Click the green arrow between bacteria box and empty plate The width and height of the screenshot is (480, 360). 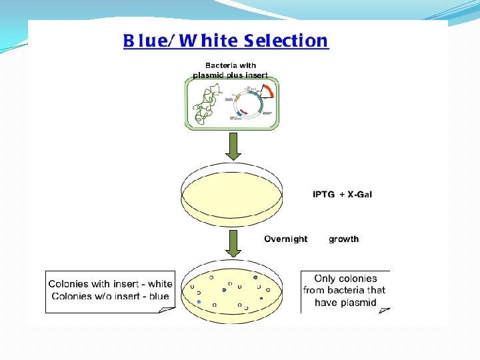coord(233,145)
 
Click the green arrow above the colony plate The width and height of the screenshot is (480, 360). coord(233,244)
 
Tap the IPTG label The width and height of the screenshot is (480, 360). coord(325,195)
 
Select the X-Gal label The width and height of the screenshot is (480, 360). coord(359,195)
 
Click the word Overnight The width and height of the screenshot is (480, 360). coord(286,239)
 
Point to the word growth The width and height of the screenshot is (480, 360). coord(343,239)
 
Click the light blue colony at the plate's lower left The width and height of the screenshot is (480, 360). coord(199,302)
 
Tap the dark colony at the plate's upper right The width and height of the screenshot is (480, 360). coord(255,277)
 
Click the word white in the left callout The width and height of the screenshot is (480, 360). coord(159,284)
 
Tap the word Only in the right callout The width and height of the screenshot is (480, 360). coord(325,279)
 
